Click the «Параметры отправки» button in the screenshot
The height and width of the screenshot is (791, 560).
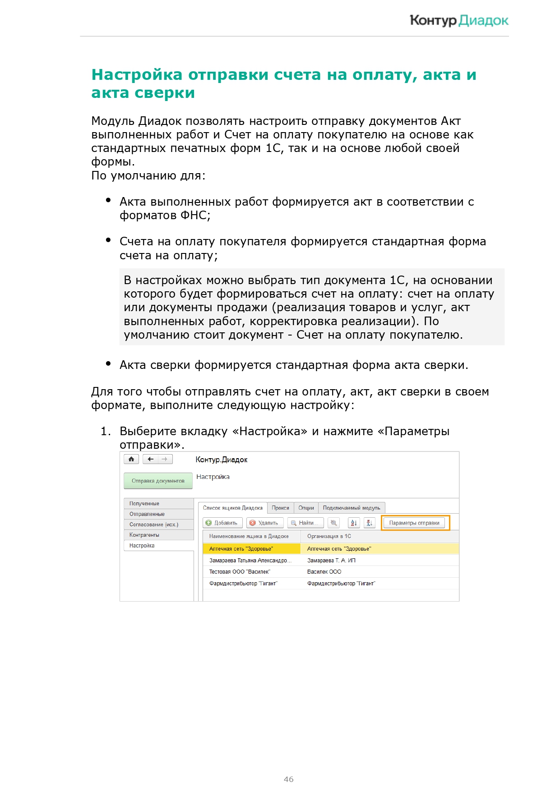click(x=414, y=523)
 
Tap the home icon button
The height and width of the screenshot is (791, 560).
click(x=131, y=459)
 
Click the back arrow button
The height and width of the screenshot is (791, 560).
click(x=151, y=459)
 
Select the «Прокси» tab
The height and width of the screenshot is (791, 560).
click(x=280, y=508)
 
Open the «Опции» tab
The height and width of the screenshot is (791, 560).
click(x=306, y=508)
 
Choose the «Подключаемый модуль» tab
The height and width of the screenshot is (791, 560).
click(x=352, y=508)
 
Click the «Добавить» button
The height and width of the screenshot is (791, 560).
click(x=222, y=523)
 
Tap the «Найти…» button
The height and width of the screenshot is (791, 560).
click(x=305, y=523)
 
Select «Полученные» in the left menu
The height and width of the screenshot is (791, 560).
click(x=144, y=503)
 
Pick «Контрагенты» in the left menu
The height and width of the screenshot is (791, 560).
click(x=144, y=535)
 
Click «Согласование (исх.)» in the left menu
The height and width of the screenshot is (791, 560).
click(x=154, y=524)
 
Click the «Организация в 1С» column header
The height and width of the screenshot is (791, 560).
click(x=329, y=536)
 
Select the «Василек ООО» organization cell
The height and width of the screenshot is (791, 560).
click(x=324, y=572)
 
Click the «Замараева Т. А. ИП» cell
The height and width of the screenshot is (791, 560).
click(x=331, y=561)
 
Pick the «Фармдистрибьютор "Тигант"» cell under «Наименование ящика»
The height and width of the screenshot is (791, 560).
click(x=243, y=584)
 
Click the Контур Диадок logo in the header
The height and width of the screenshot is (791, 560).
click(x=458, y=20)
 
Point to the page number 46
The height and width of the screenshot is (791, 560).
click(x=289, y=779)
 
